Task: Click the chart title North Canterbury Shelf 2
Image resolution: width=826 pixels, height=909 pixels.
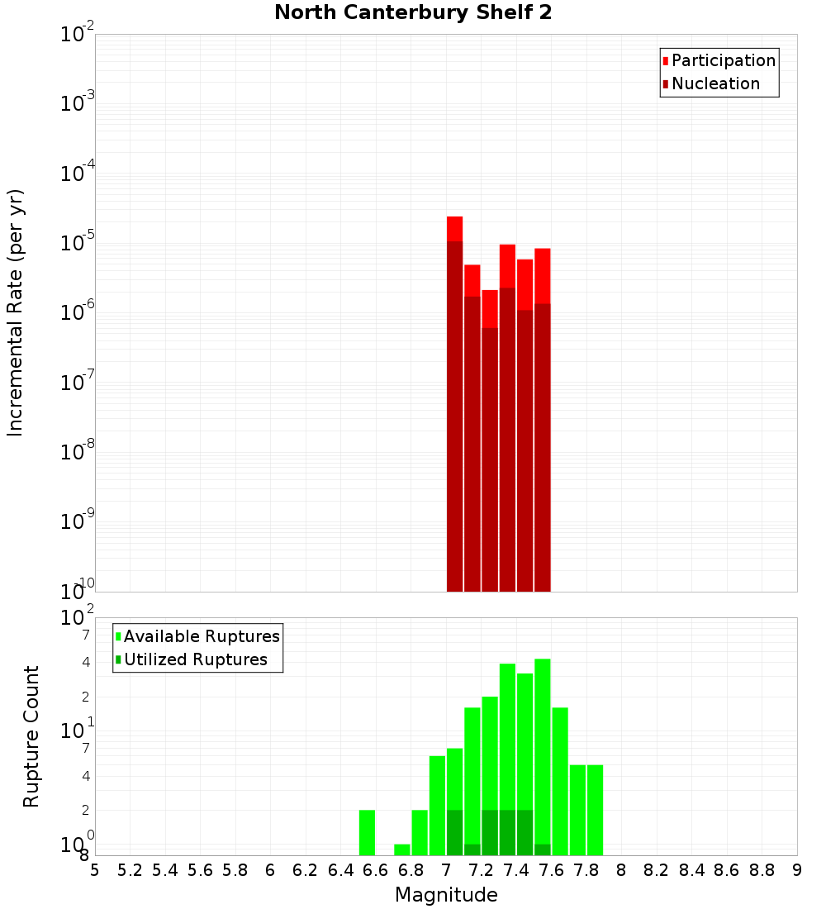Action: [x=413, y=13]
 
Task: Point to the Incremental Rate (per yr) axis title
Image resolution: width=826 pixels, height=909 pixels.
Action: [x=15, y=312]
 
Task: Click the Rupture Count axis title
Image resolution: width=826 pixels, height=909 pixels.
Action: [x=31, y=736]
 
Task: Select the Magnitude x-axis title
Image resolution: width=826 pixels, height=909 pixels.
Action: [x=446, y=894]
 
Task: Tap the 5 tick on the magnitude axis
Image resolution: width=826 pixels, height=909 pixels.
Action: [x=95, y=870]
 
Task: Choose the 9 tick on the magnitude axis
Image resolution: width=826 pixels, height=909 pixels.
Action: [x=797, y=870]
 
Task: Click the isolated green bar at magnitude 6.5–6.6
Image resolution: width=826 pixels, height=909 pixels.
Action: [x=367, y=832]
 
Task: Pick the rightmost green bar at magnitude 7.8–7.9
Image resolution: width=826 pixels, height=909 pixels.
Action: [x=595, y=810]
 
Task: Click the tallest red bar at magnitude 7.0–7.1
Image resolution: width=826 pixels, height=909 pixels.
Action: [x=454, y=405]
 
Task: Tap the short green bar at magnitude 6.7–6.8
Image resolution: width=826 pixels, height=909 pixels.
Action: [x=402, y=850]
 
